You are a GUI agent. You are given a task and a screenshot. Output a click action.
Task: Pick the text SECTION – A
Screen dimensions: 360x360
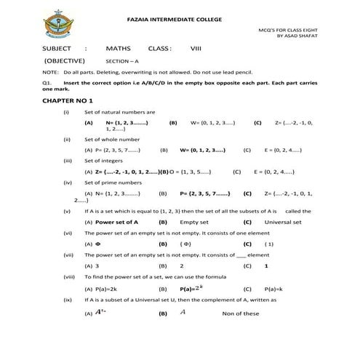(120, 62)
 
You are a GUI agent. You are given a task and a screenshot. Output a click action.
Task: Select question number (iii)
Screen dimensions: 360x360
(67, 159)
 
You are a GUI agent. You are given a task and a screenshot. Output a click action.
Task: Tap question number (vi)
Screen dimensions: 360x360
(67, 232)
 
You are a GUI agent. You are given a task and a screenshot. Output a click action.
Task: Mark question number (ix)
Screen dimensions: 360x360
(67, 300)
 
